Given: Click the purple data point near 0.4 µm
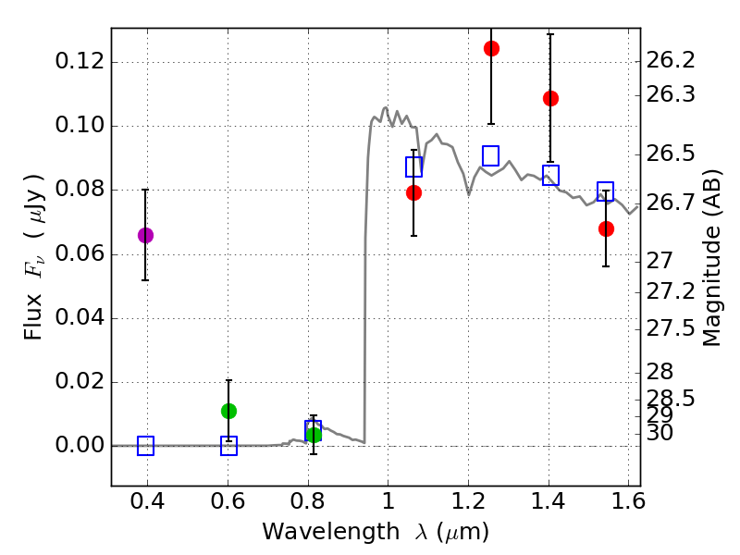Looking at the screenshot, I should (x=145, y=235).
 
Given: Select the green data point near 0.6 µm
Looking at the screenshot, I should (x=228, y=411).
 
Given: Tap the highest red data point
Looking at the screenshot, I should (x=491, y=48).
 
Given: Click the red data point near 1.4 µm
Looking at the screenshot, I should (x=550, y=98).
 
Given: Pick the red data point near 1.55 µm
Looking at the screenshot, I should (x=606, y=228).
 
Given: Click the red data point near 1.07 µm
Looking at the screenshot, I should (x=413, y=192).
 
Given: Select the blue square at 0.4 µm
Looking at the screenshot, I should (x=145, y=446).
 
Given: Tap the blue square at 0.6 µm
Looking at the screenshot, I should (x=228, y=446).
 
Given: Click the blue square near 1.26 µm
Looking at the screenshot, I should (x=491, y=155).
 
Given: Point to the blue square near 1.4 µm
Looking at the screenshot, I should (x=550, y=176).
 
